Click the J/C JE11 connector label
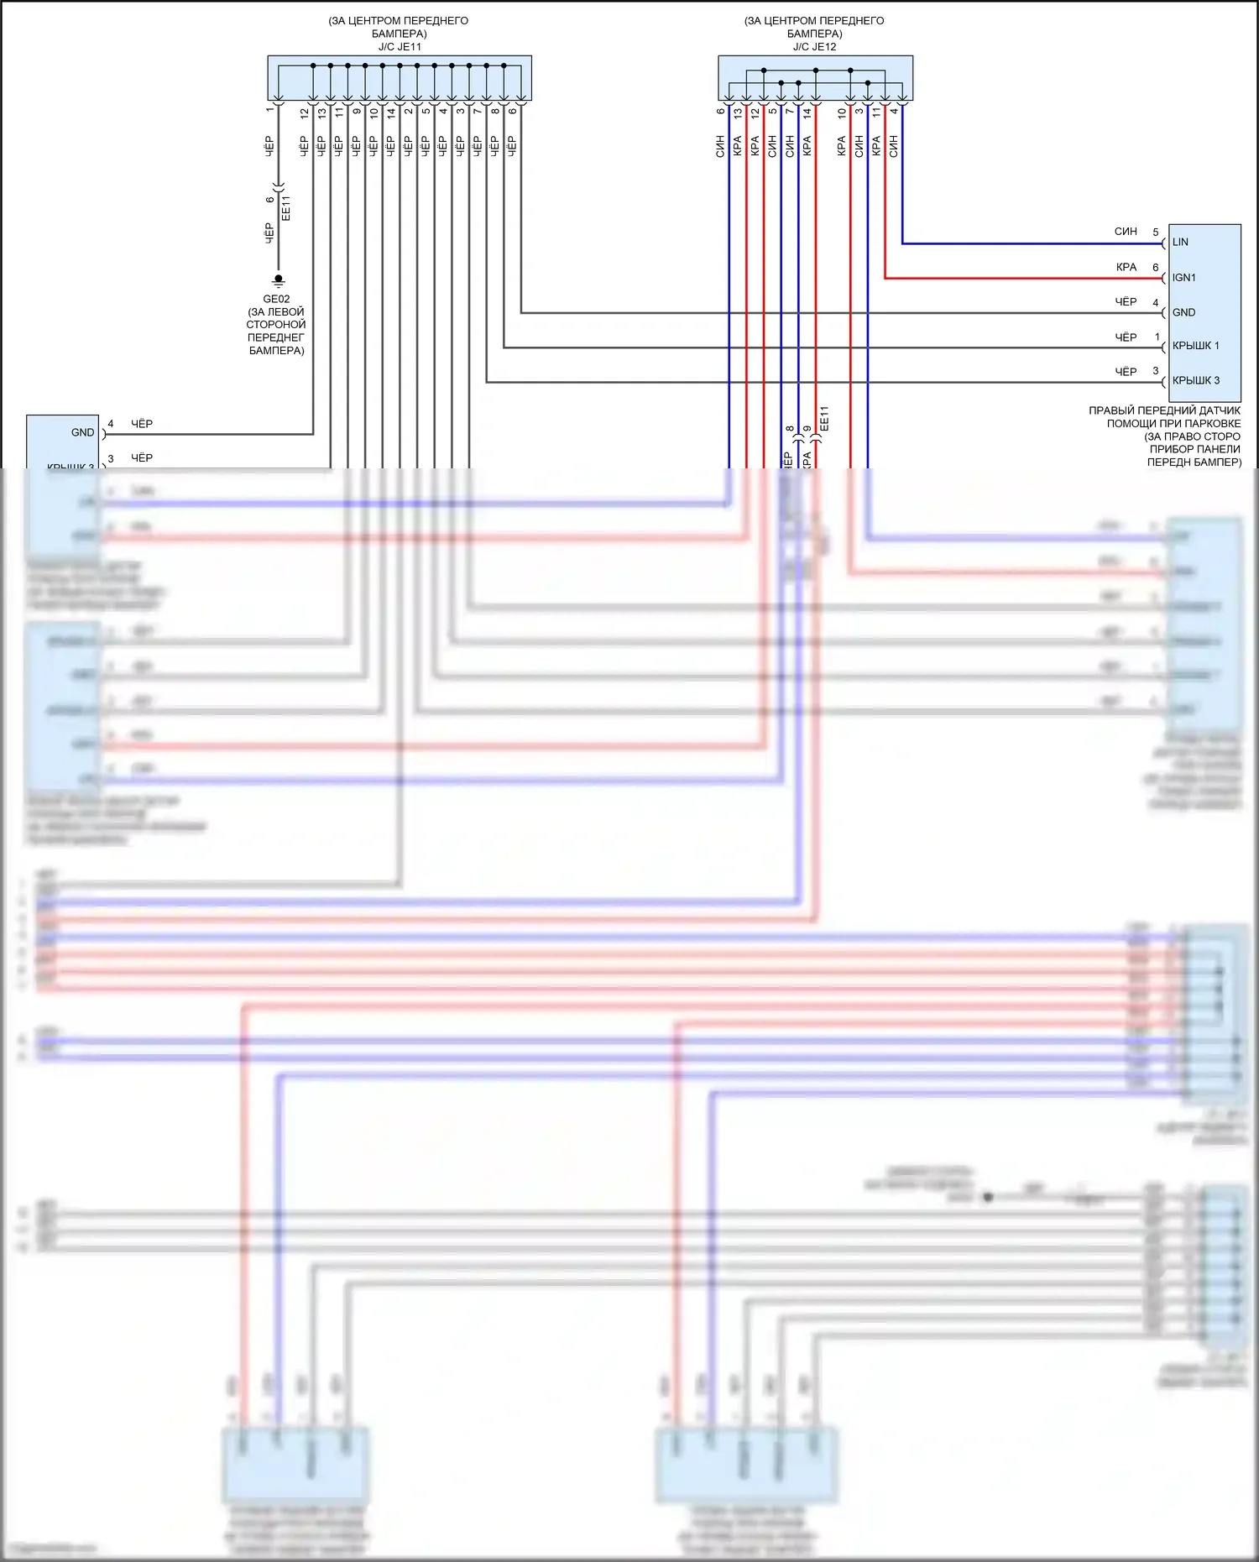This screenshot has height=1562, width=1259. pyautogui.click(x=400, y=47)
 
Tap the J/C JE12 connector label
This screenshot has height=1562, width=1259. pyautogui.click(x=814, y=47)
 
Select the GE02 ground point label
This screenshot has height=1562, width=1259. pyautogui.click(x=276, y=299)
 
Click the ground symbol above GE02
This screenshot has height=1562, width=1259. pyautogui.click(x=279, y=280)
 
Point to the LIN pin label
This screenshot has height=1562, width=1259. pyautogui.click(x=1180, y=243)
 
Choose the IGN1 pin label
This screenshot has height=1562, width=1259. pyautogui.click(x=1183, y=278)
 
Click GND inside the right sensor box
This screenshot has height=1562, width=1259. pyautogui.click(x=1183, y=312)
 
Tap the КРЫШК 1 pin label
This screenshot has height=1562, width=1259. pyautogui.click(x=1195, y=346)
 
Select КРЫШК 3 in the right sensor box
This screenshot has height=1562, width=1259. pyautogui.click(x=1195, y=380)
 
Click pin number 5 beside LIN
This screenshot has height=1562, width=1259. pyautogui.click(x=1156, y=232)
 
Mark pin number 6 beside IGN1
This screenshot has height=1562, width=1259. pyautogui.click(x=1156, y=268)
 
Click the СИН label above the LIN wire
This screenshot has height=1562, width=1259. pyautogui.click(x=1126, y=232)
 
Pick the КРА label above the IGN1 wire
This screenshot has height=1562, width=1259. pyautogui.click(x=1126, y=268)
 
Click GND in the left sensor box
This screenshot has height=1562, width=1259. pyautogui.click(x=82, y=432)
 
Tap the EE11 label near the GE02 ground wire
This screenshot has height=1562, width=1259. pyautogui.click(x=287, y=208)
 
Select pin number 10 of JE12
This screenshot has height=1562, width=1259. pyautogui.click(x=842, y=112)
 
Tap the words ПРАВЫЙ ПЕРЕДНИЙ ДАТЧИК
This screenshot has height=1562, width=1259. pyautogui.click(x=1164, y=410)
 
